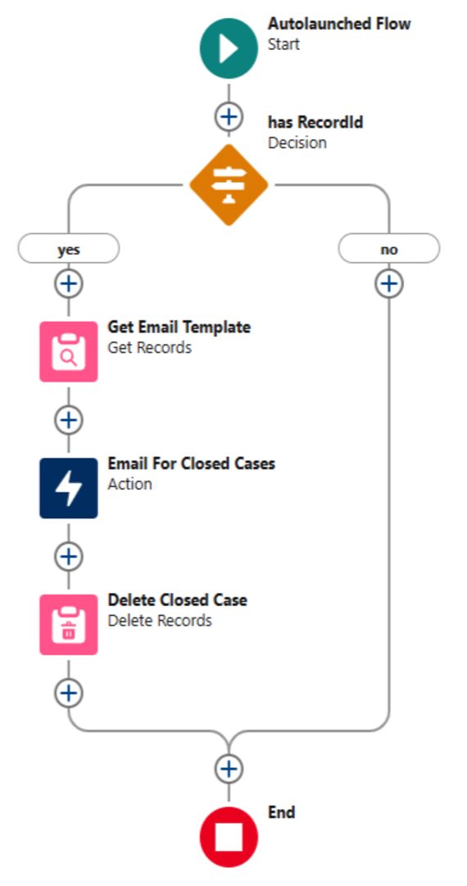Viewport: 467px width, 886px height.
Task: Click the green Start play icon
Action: click(x=229, y=48)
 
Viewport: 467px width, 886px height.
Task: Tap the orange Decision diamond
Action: click(x=229, y=185)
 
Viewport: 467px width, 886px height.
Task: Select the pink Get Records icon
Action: click(x=68, y=351)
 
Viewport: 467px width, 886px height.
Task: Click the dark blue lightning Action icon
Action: click(x=68, y=488)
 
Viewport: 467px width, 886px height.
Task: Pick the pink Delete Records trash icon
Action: click(x=68, y=625)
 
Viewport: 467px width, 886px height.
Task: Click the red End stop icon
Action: click(x=229, y=838)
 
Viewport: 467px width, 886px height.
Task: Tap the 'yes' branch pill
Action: click(x=68, y=249)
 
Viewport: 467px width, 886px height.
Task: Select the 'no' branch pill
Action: click(x=389, y=249)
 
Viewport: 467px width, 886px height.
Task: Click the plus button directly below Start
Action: click(x=229, y=116)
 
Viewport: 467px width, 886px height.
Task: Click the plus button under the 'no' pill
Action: click(x=389, y=283)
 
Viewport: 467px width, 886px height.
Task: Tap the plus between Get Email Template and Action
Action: click(x=68, y=420)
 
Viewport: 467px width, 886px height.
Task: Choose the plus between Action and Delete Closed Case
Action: click(x=68, y=557)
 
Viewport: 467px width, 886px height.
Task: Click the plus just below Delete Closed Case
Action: click(x=68, y=694)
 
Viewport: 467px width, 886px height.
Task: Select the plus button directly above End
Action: click(x=229, y=768)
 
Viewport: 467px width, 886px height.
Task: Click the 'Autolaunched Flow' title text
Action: click(x=339, y=25)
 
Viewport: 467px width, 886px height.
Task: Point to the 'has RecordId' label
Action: click(x=315, y=122)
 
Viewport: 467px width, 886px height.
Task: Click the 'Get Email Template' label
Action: click(x=179, y=327)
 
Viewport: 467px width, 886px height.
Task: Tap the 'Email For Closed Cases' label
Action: click(x=192, y=463)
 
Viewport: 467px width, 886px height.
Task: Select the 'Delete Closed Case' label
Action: click(x=178, y=599)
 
